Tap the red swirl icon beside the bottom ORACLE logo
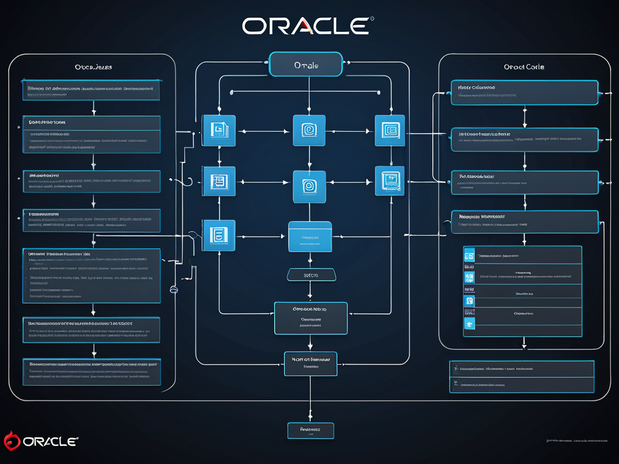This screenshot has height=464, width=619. (x=12, y=441)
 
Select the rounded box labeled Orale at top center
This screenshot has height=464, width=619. (x=306, y=65)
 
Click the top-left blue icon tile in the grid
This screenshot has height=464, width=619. (x=218, y=130)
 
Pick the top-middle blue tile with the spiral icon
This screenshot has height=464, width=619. (x=309, y=130)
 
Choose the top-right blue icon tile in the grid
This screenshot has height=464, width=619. (x=389, y=130)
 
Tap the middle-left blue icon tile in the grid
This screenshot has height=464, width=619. (x=218, y=181)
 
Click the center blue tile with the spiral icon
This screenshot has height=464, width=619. (x=309, y=186)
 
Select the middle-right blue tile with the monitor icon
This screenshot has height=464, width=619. (x=389, y=181)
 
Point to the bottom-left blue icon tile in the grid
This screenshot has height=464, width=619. (x=218, y=236)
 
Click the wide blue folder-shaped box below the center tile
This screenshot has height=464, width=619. (x=310, y=236)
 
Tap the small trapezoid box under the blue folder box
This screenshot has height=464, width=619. (x=310, y=275)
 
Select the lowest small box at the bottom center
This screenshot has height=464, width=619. (x=310, y=430)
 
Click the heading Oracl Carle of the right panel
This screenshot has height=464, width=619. (x=523, y=67)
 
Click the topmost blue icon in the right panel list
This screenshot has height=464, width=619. (x=469, y=255)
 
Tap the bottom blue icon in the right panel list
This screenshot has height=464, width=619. (x=469, y=324)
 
